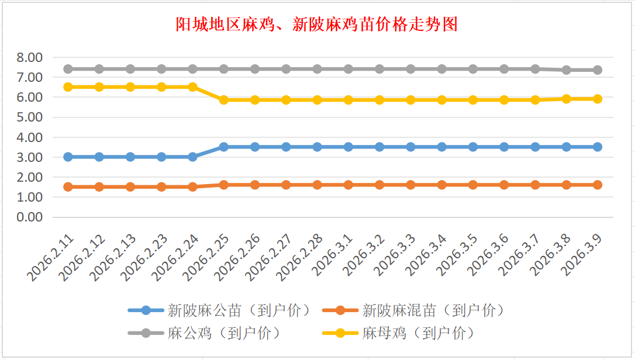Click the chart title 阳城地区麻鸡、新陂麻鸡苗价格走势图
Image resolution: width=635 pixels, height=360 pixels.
[317, 24]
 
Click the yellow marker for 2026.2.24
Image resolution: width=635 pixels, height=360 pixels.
[192, 87]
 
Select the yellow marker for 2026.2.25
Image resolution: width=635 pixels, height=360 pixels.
[223, 100]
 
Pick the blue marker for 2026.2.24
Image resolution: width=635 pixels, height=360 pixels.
[192, 157]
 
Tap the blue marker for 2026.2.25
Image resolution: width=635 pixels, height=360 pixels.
[223, 147]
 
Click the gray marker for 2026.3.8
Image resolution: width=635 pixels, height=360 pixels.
[566, 70]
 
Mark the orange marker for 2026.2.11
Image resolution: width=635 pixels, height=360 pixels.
[68, 187]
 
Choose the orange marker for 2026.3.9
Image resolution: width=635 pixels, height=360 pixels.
[598, 185]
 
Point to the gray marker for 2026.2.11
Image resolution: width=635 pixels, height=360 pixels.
[68, 69]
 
